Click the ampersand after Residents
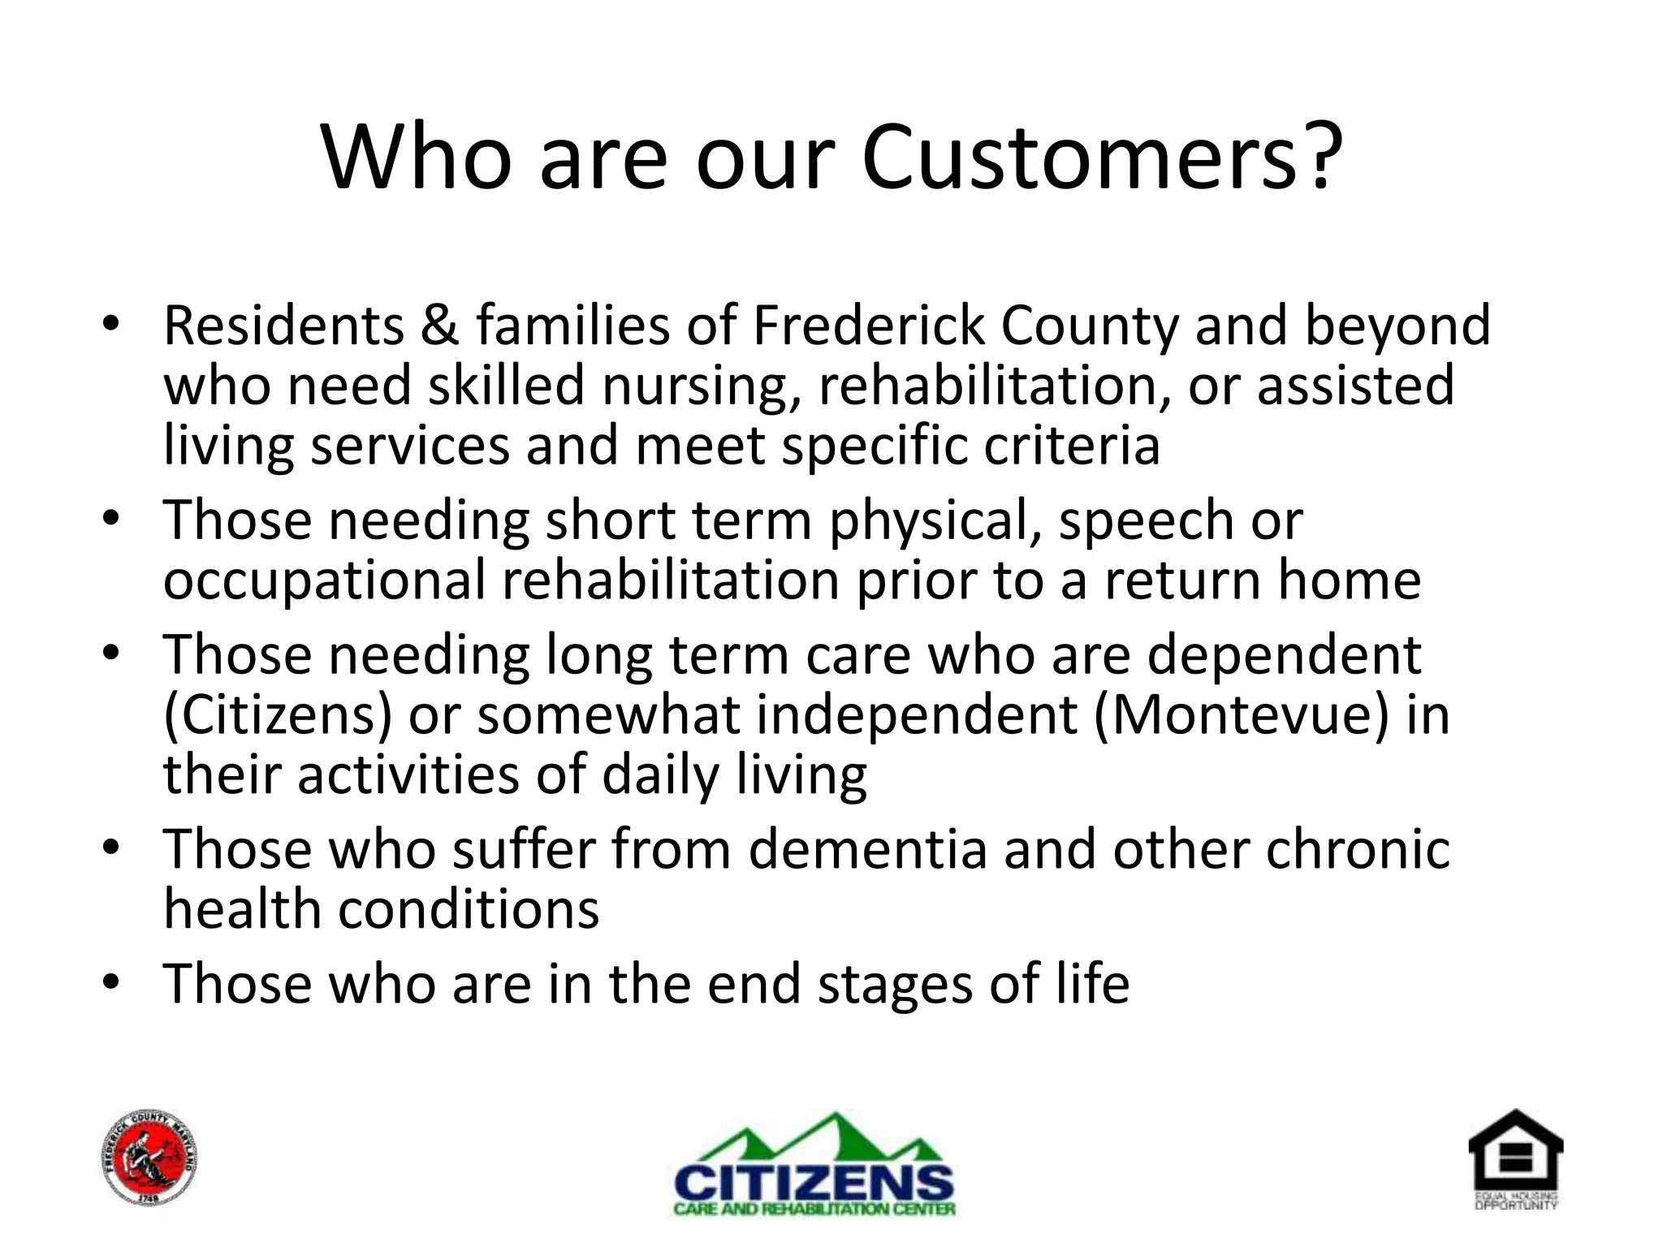tap(440, 326)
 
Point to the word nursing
tap(700, 386)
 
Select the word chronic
tap(1358, 850)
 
